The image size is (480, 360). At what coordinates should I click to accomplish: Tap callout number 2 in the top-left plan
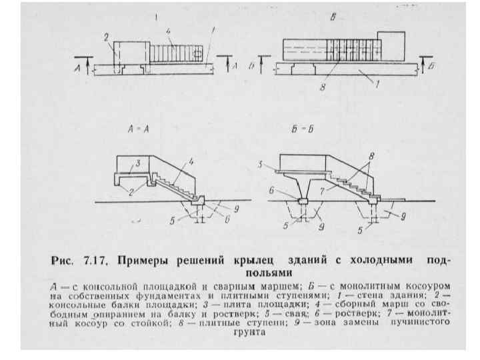tap(106, 38)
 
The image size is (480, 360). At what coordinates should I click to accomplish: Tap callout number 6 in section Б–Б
tap(272, 190)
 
